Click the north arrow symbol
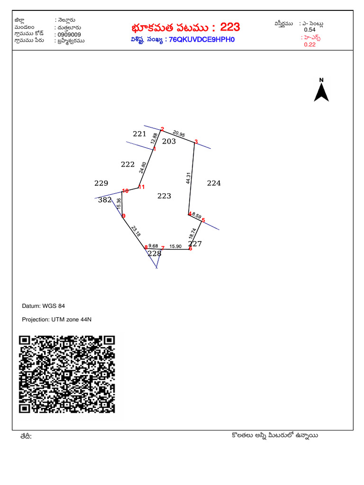coord(321,91)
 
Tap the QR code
coord(67,374)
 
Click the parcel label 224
coord(214,183)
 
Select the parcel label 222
coord(128,164)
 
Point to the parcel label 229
coord(101,183)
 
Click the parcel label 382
coord(104,200)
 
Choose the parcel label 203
coord(169,141)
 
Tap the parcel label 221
coord(139,134)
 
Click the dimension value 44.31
coord(189,177)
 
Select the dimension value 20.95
coord(179,134)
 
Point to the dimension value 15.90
coord(175,246)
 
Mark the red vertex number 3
coord(196,140)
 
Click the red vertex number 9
coord(124,216)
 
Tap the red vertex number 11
coord(141,187)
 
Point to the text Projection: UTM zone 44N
coord(56,320)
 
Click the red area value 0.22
coord(309,45)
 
